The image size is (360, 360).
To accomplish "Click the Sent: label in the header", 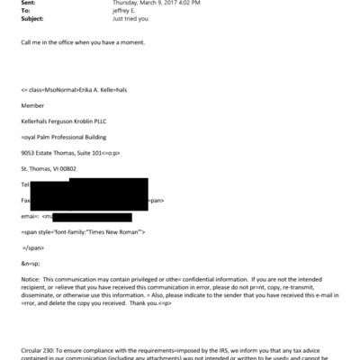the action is pyautogui.click(x=28, y=4).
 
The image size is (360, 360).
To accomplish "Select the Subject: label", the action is pyautogui.click(x=31, y=19).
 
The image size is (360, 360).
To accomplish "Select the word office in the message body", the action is pyautogui.click(x=70, y=43).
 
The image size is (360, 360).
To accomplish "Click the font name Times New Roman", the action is pyautogui.click(x=113, y=231).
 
